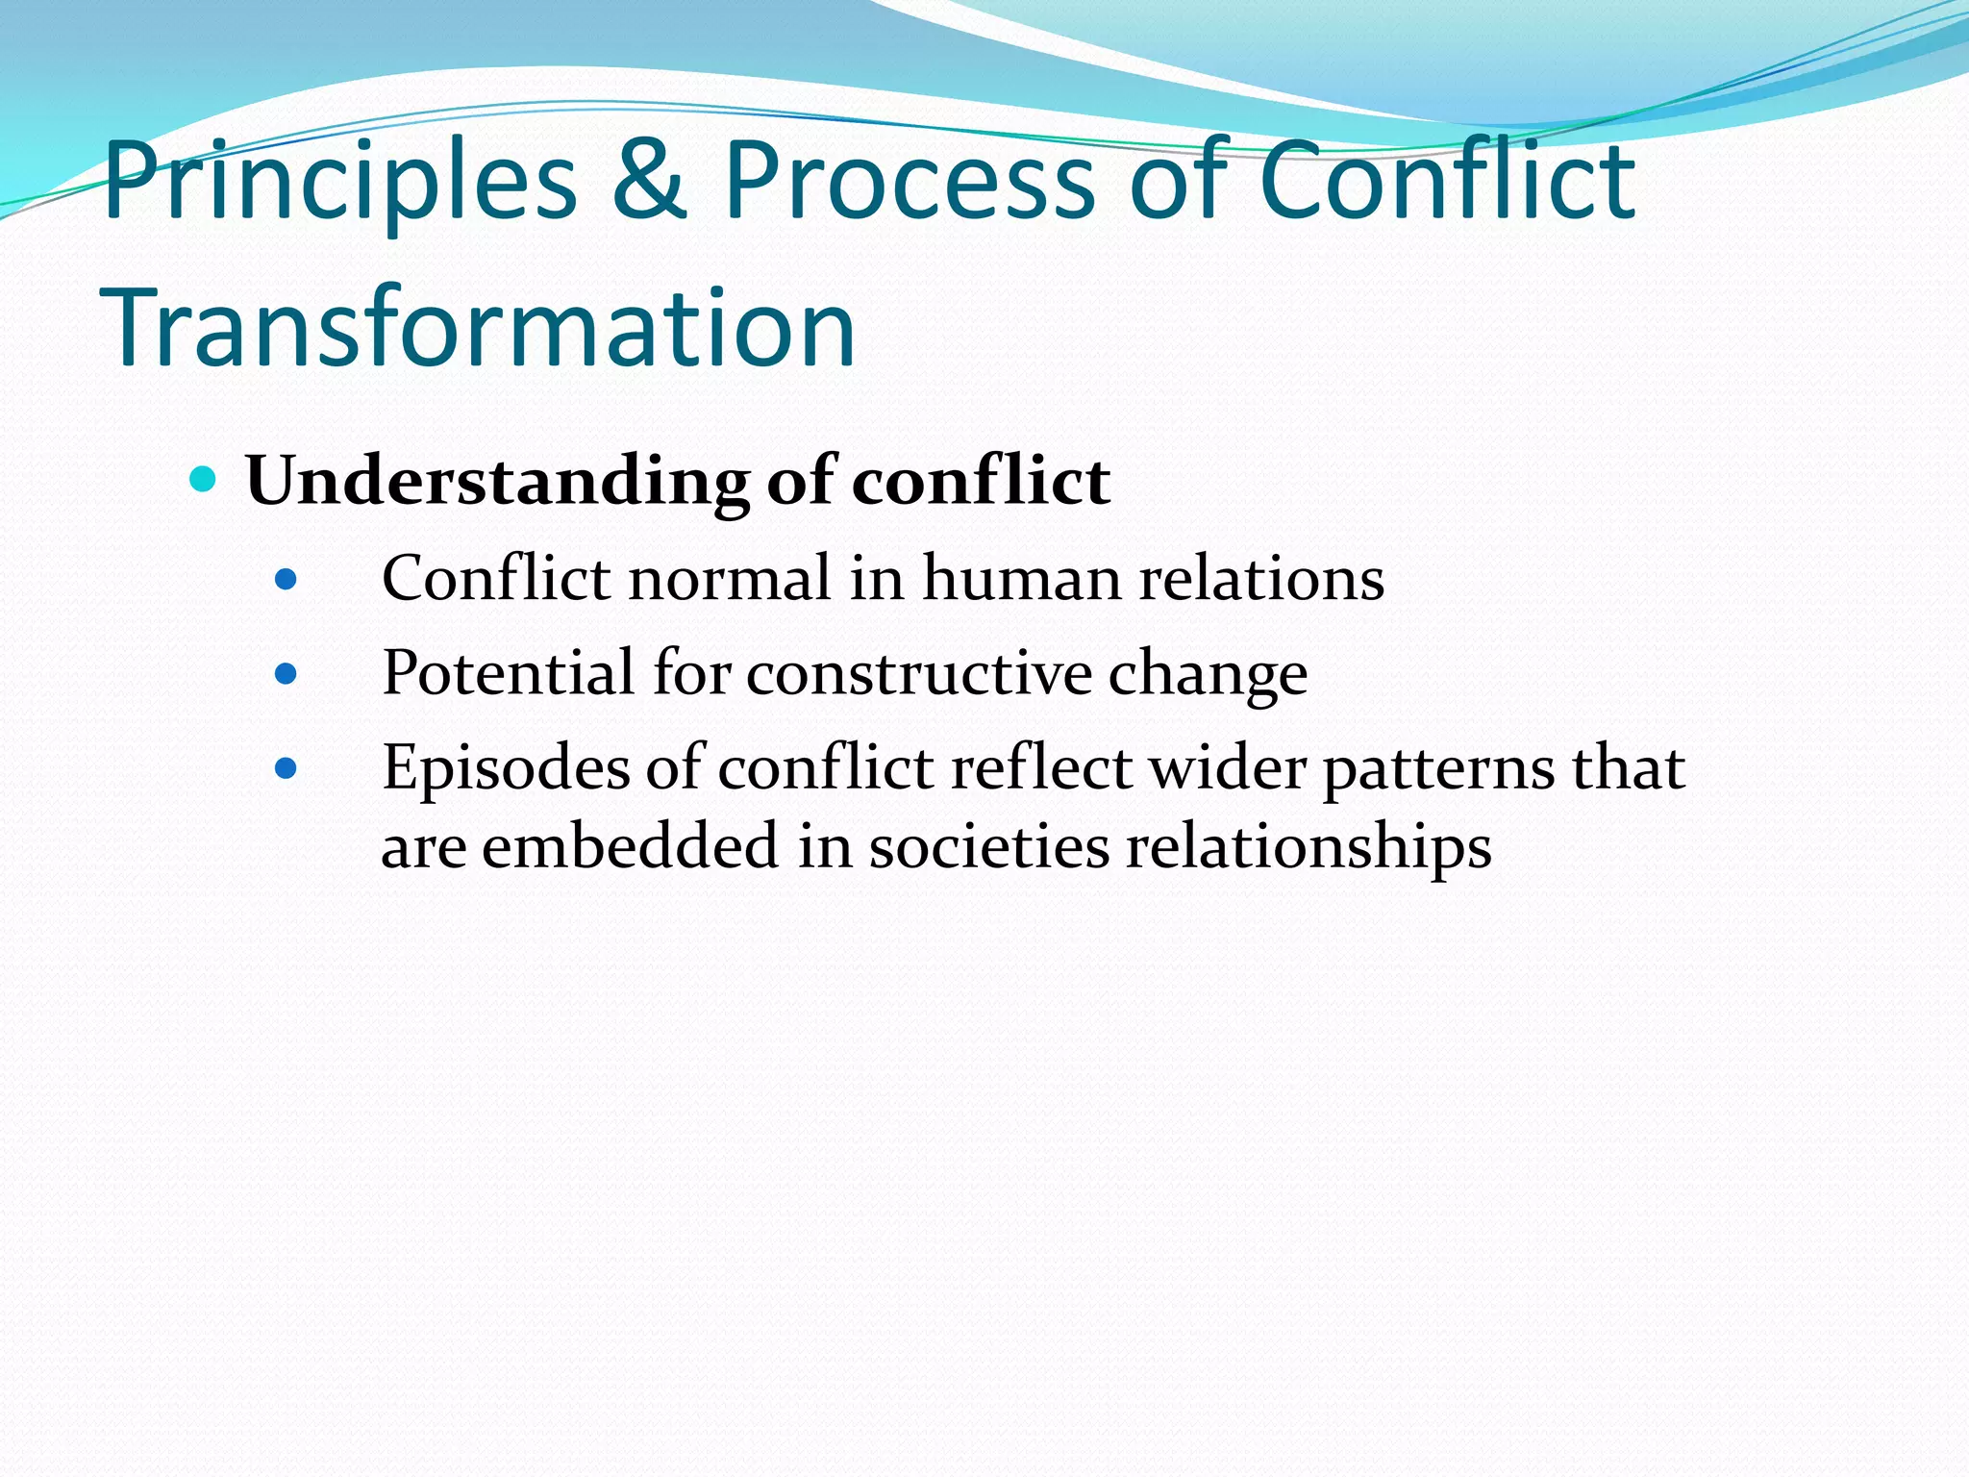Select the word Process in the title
909,181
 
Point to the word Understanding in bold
497,481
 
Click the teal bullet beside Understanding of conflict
203,478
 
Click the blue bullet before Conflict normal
286,580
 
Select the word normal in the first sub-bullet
730,579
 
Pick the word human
1021,579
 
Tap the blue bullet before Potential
286,674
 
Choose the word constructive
919,673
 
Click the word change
1208,675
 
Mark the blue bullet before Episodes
286,768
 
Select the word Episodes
506,769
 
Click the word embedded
630,847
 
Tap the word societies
989,847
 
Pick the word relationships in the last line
1309,847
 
